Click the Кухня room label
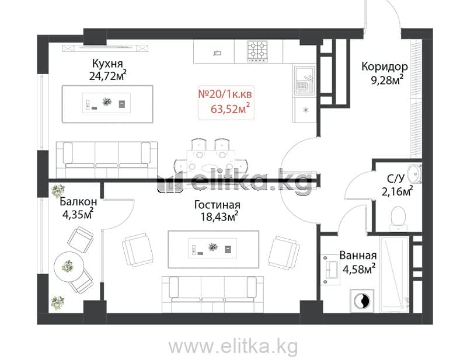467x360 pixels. tap(107, 64)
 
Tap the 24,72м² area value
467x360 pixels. tap(108, 76)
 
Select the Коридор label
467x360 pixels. tap(385, 67)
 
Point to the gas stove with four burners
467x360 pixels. tap(258, 51)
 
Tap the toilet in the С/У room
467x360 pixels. tap(398, 219)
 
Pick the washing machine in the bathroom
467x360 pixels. tap(361, 301)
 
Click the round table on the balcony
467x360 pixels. tap(69, 267)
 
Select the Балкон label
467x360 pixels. tap(78, 201)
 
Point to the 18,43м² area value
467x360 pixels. tap(219, 216)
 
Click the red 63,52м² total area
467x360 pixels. tap(230, 109)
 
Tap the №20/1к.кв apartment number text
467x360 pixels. tap(225, 94)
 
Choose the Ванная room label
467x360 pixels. tap(358, 256)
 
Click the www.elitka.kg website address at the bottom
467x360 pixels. tap(233, 347)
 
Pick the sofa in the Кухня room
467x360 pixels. tap(107, 160)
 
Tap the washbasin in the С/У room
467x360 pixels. tap(414, 173)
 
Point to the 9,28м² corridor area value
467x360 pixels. tap(387, 80)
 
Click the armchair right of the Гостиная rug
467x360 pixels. tap(284, 253)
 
